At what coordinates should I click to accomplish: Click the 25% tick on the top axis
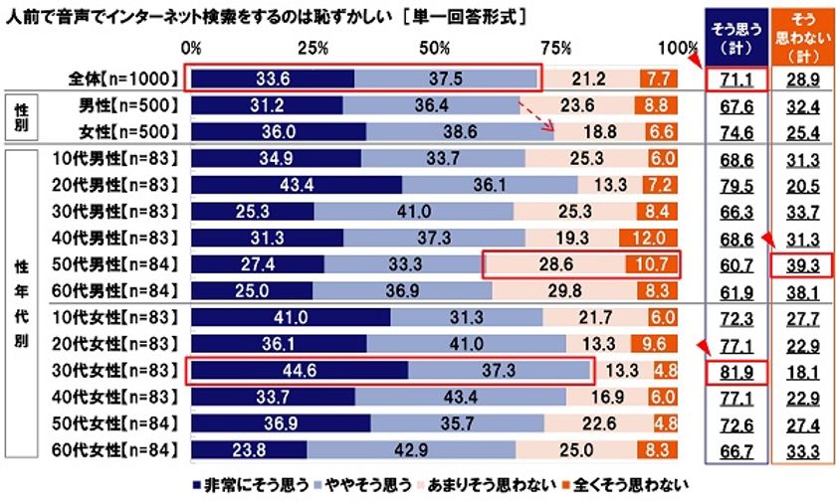tap(314, 49)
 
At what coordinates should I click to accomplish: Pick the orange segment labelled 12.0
tap(648, 238)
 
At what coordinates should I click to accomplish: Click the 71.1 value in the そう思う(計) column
tap(734, 79)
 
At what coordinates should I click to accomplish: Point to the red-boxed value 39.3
tap(799, 264)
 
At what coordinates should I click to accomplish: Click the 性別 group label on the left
tap(21, 118)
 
